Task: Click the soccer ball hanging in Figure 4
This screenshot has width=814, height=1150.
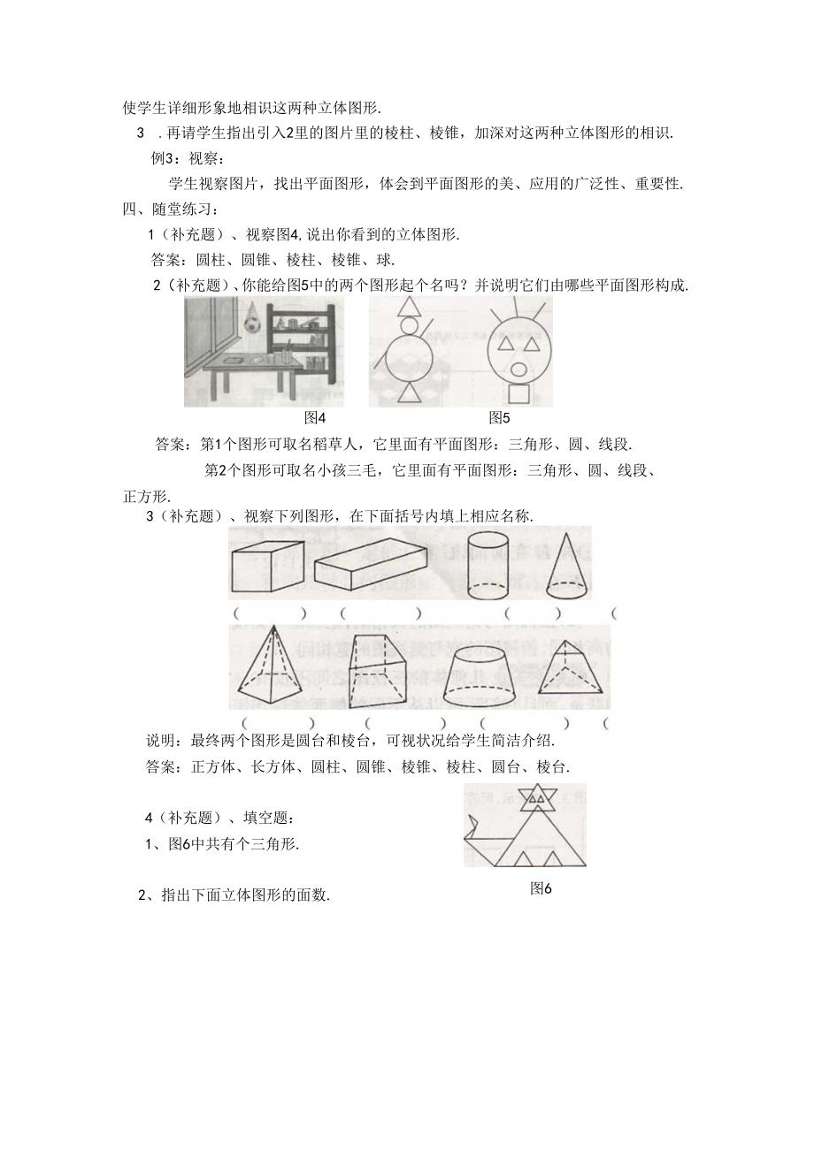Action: coord(255,325)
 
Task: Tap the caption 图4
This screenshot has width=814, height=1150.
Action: coord(316,417)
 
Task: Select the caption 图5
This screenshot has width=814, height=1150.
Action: coord(499,417)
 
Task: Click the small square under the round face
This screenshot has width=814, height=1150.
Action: coord(518,393)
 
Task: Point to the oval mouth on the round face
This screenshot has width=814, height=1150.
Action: coord(520,369)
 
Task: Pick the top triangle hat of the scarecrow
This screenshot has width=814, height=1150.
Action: coord(409,307)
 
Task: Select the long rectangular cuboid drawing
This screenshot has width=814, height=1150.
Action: coord(371,567)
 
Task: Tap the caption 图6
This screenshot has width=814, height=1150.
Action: coord(541,889)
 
